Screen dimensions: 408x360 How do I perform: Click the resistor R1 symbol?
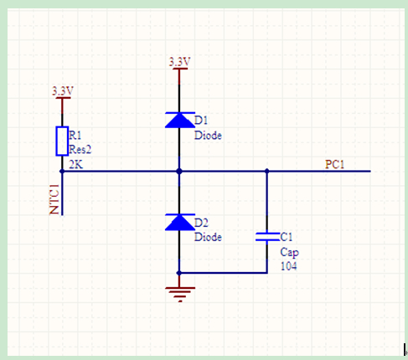[62, 141]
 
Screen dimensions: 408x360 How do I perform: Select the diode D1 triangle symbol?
[180, 120]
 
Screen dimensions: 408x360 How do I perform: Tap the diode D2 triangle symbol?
[180, 222]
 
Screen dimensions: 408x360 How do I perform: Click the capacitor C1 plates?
[267, 236]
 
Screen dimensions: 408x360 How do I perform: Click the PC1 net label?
[334, 164]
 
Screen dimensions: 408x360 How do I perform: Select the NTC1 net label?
[54, 199]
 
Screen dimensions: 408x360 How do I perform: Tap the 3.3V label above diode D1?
[179, 62]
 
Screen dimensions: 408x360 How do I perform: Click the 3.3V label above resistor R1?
[63, 91]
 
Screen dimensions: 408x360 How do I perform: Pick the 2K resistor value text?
[76, 165]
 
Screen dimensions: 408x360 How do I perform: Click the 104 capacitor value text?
[288, 266]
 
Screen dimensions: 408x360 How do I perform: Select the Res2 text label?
[80, 150]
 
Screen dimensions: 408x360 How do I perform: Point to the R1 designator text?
[75, 136]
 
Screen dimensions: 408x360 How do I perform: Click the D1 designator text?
[201, 121]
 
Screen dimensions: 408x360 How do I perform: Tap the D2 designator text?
[201, 223]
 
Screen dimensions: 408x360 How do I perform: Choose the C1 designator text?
[287, 237]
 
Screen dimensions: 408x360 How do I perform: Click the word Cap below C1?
[290, 252]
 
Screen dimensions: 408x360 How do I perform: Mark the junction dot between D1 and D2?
[179, 171]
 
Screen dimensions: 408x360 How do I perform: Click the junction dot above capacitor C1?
[267, 171]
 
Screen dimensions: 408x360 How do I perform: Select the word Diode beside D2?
[208, 237]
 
